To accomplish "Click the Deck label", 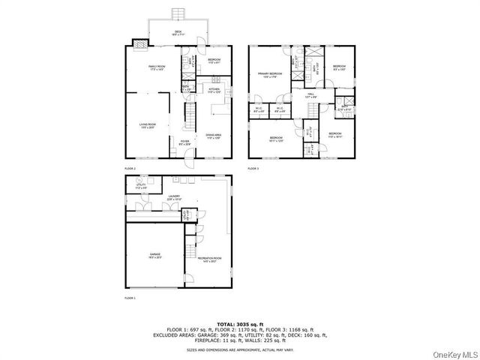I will (x=178, y=31).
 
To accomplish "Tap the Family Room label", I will (x=156, y=67).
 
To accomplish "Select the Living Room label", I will (x=147, y=125).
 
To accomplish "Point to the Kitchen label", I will (x=214, y=90).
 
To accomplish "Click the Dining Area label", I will (x=214, y=136).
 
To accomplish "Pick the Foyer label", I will (x=184, y=141).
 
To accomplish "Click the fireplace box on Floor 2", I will (x=137, y=42).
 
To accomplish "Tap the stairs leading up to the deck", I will (x=178, y=14).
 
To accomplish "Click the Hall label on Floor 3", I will (x=310, y=95).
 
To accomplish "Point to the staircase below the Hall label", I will (x=309, y=109).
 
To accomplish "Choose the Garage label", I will (x=154, y=255).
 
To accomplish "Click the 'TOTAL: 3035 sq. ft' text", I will (x=239, y=322).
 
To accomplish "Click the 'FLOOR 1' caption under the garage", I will (x=130, y=298).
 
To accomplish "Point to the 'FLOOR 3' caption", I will (x=253, y=169).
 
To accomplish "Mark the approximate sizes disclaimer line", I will (x=239, y=349).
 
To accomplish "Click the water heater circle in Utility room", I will (x=139, y=181).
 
